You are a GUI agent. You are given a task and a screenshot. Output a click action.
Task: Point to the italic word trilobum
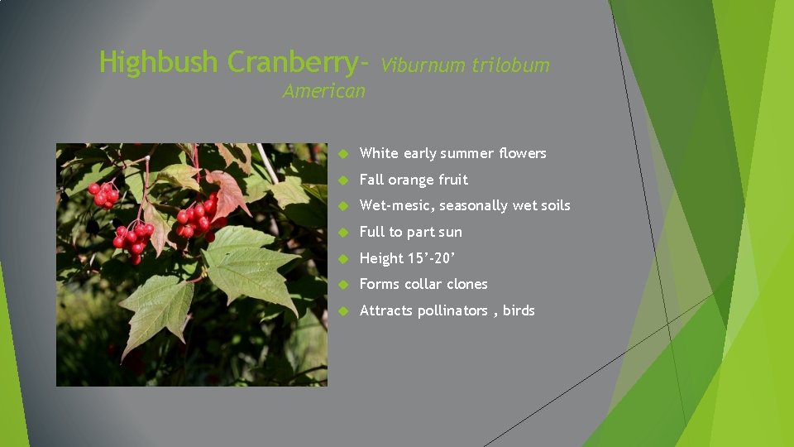click(510, 65)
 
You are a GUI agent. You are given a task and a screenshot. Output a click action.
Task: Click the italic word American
click(323, 91)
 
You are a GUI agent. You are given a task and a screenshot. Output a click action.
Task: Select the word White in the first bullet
click(379, 153)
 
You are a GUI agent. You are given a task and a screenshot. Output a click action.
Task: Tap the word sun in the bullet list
click(474, 232)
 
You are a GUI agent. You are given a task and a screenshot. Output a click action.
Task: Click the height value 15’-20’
click(432, 258)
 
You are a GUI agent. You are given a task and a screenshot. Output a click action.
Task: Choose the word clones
click(467, 284)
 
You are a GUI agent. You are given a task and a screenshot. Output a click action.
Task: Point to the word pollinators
click(452, 310)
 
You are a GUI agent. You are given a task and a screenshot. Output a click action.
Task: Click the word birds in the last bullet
click(519, 310)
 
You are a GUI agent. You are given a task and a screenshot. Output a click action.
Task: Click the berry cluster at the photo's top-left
click(103, 195)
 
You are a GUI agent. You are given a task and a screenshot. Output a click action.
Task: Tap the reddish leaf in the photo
click(227, 192)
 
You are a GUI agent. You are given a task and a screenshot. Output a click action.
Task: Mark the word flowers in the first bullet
click(522, 153)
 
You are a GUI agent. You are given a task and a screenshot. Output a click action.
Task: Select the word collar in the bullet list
click(423, 284)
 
